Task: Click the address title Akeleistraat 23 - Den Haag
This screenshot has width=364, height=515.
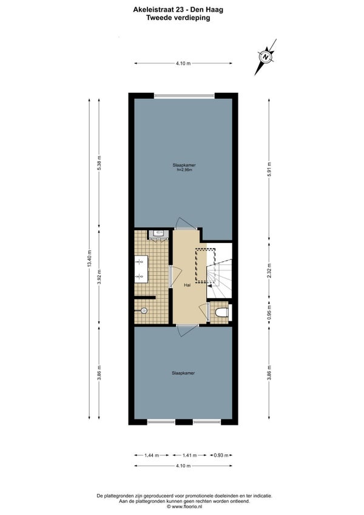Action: (178, 10)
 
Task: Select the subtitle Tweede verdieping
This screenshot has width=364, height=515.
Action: (178, 18)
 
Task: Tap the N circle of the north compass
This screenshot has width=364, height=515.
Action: (266, 56)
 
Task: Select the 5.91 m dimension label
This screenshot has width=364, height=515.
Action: (269, 169)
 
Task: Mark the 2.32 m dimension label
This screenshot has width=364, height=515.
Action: (269, 271)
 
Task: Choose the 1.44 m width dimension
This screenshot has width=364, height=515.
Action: (152, 455)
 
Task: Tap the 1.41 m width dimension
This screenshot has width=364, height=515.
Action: (190, 455)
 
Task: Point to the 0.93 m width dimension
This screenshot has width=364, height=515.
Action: (221, 455)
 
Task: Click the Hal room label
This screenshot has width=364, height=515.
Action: (187, 285)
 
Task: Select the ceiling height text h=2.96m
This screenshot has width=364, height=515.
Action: (184, 170)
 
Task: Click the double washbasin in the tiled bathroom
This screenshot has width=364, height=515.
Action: (141, 269)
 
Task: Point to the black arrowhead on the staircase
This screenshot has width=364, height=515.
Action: (210, 286)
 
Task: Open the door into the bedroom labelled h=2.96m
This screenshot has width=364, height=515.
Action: (186, 223)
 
